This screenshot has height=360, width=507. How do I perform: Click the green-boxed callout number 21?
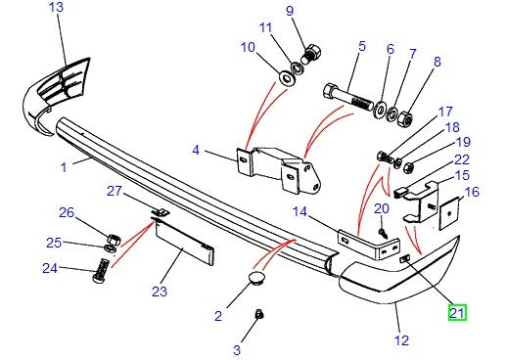[457, 312]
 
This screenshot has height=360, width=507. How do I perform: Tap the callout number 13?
[56, 7]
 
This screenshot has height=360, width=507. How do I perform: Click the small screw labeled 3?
[259, 314]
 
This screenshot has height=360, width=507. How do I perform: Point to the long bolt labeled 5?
[347, 97]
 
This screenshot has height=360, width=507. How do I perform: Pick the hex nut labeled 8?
[405, 119]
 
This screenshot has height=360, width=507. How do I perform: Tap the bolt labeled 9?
[310, 55]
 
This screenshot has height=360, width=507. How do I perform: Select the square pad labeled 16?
[449, 214]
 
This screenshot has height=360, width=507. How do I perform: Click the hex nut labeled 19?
[408, 168]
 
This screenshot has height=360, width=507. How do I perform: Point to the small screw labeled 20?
[383, 233]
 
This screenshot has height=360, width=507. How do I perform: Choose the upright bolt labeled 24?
[101, 272]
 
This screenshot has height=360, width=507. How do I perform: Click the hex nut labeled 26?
[114, 239]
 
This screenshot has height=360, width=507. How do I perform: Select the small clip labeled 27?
[161, 212]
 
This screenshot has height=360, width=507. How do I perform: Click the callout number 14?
[300, 211]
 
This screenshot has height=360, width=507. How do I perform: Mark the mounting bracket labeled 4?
[279, 170]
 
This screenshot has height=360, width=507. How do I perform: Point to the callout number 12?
[401, 340]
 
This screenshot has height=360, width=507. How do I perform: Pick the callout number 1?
[64, 167]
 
